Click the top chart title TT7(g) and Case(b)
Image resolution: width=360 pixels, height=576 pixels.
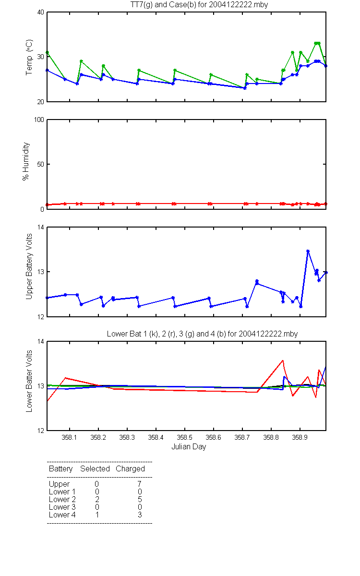point(199,5)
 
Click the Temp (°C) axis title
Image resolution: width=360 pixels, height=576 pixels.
point(29,57)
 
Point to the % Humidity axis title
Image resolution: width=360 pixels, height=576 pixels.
point(26,161)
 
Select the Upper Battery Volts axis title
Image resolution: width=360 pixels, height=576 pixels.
point(29,266)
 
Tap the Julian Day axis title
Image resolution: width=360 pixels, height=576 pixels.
point(189,447)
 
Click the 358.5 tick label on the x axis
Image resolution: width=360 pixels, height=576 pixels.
point(185,437)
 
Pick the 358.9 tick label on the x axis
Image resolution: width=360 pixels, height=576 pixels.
point(300,437)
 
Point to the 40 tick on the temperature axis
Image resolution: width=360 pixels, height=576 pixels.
point(41,12)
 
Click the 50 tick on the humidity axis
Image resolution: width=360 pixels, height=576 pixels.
point(41,164)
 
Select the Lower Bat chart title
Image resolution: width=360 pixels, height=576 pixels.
point(202,334)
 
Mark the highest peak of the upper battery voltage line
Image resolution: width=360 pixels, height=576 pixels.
point(308,251)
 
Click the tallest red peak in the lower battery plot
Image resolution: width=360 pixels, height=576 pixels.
point(283,360)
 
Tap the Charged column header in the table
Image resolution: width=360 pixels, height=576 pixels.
point(130,469)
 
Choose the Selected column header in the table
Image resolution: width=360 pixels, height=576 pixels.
point(95,469)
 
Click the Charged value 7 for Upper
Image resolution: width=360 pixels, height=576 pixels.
point(139,484)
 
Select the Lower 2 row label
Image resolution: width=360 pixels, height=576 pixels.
point(62,499)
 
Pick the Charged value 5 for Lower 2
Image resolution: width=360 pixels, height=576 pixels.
point(140,499)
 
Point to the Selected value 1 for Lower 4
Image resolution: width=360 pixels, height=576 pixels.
point(97,515)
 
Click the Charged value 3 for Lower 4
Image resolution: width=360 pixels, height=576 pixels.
point(140,515)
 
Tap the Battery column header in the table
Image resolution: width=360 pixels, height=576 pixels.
point(60,469)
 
